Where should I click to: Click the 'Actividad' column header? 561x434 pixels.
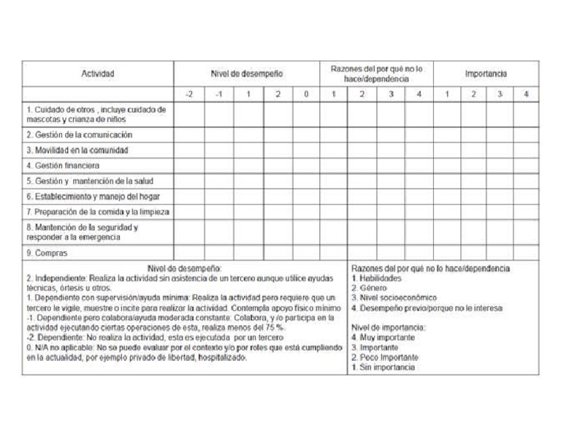pos(98,74)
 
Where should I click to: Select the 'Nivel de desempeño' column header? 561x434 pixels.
pos(247,74)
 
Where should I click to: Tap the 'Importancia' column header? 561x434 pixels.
pos(486,74)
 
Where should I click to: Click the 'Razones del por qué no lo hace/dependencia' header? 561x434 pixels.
pos(376,74)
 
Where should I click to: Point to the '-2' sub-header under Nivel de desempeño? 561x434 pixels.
pos(189,94)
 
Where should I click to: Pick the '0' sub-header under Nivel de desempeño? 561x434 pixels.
pos(306,94)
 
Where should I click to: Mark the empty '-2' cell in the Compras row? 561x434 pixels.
pos(189,254)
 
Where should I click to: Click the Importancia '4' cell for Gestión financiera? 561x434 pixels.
pos(525,166)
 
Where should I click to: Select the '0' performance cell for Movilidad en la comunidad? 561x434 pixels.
pos(306,151)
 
